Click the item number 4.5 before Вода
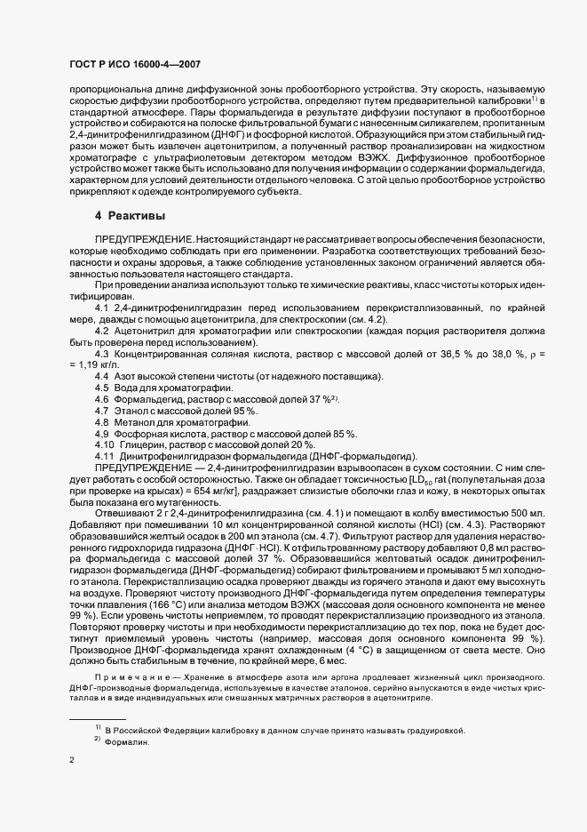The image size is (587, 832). point(102,389)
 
